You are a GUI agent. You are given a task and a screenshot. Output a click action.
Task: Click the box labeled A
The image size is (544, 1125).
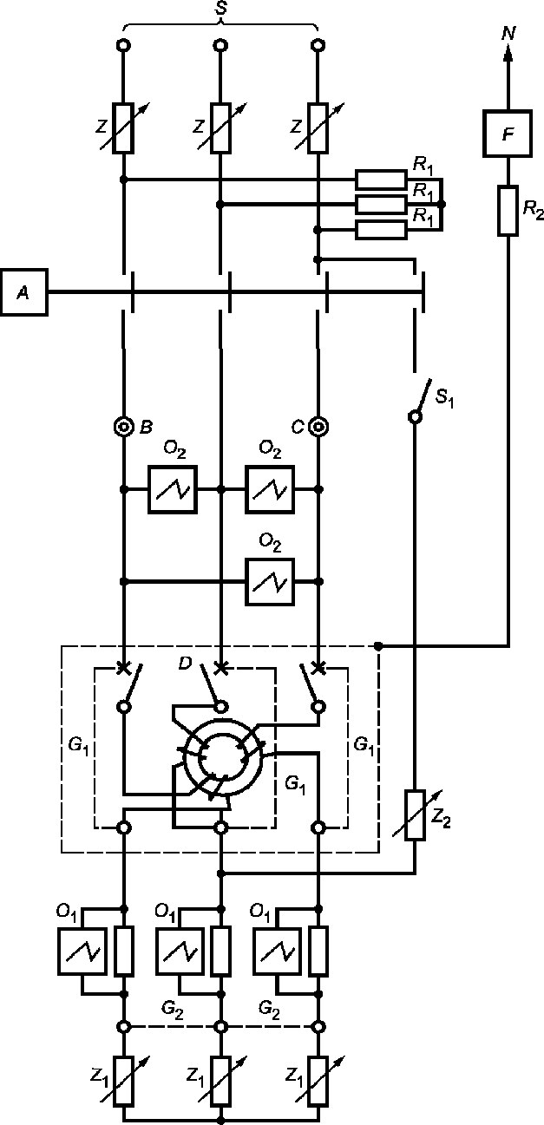coord(24,292)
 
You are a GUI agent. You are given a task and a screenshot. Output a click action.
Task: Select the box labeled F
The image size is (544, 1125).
coord(508,134)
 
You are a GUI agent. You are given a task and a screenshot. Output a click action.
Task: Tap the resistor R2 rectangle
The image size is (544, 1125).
coord(508,211)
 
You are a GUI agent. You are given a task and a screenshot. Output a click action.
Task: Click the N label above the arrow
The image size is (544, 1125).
coord(508,34)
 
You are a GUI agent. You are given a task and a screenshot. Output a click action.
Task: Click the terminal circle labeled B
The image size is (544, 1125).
coord(123,428)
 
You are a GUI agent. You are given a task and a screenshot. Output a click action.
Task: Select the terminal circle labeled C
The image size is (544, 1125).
coord(318,428)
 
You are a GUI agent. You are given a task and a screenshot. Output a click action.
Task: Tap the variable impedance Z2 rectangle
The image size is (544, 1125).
coord(415,814)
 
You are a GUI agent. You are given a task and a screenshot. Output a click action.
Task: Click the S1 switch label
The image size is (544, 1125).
coord(444,398)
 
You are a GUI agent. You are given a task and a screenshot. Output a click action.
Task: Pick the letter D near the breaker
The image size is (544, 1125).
coord(185,664)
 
